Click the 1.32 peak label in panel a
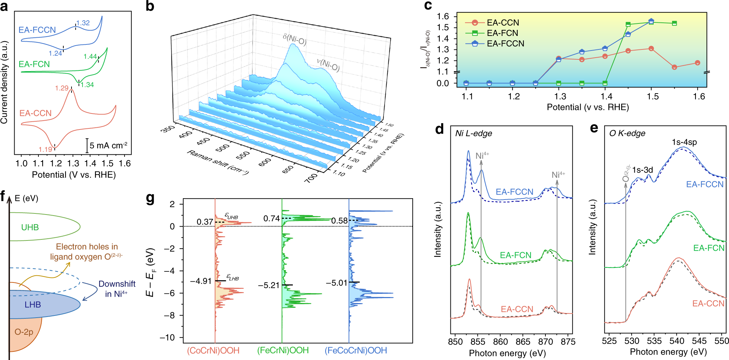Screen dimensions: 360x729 coord(83,23)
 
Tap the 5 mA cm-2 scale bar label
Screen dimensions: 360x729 coord(109,145)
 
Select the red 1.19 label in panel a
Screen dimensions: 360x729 coord(46,149)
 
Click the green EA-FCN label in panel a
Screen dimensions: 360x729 coord(34,64)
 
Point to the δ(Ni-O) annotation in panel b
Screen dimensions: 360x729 coord(295,39)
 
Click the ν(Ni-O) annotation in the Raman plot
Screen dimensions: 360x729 coord(328,65)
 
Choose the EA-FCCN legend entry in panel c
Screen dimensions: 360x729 coord(505,44)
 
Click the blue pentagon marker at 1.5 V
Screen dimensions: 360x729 coord(651,21)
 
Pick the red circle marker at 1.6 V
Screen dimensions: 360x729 coord(697,63)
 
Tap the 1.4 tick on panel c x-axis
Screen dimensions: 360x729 coord(606,96)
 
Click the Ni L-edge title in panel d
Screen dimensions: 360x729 coord(474,133)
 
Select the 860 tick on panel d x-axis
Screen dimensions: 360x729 coord(500,342)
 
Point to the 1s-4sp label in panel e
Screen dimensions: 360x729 coord(684,142)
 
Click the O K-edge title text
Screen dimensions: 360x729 coord(627,133)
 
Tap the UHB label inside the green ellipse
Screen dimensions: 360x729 coord(30,227)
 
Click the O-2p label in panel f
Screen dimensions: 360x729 coord(24,332)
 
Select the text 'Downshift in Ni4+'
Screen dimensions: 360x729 coord(117,289)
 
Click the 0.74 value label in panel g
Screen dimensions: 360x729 coord(271,218)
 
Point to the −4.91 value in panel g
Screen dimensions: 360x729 coord(201,281)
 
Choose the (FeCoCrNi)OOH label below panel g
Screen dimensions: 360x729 coord(356,350)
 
